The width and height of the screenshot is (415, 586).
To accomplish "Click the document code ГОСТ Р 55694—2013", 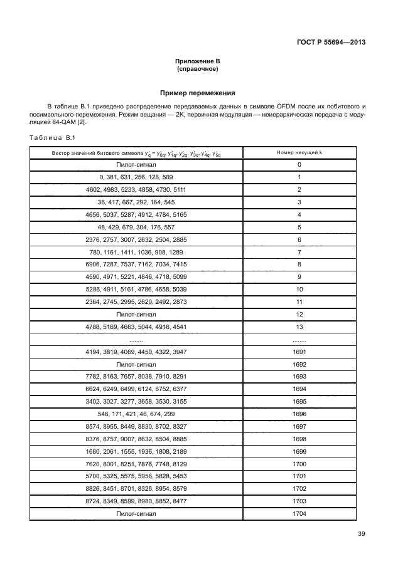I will (331, 43).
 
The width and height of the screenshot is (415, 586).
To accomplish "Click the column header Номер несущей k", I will (299, 152).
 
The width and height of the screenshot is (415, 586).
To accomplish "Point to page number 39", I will (361, 533).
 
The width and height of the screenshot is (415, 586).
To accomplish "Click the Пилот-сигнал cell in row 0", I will (136, 164).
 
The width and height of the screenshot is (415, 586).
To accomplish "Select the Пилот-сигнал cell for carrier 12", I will (136, 313).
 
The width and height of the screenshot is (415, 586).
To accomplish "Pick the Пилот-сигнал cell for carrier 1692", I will (136, 364).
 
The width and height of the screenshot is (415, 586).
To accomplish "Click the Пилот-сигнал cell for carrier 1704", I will (136, 513).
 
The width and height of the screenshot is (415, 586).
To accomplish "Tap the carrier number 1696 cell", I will (299, 414).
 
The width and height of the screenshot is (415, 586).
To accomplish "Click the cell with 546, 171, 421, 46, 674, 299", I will (136, 414).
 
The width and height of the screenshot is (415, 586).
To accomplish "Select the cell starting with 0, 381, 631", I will (136, 177).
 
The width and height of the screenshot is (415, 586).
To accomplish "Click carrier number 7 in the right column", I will (299, 251).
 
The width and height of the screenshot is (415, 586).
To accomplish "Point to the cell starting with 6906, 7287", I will (136, 264).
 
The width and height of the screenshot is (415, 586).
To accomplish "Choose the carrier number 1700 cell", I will (299, 463).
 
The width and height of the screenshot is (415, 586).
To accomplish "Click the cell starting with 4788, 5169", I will (136, 326).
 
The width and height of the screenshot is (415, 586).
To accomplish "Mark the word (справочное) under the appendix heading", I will (197, 69).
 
